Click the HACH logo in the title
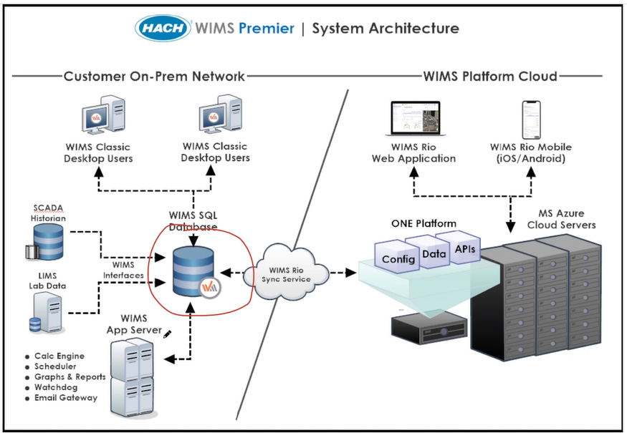[163, 29]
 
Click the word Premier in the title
[267, 29]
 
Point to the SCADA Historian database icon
[48, 241]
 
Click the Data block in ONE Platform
[433, 253]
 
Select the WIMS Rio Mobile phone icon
[530, 120]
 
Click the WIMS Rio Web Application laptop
[413, 120]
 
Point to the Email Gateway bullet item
[66, 397]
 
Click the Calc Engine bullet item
[59, 356]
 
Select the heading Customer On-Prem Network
[154, 76]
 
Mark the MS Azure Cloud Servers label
[561, 219]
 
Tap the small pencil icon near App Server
[168, 334]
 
